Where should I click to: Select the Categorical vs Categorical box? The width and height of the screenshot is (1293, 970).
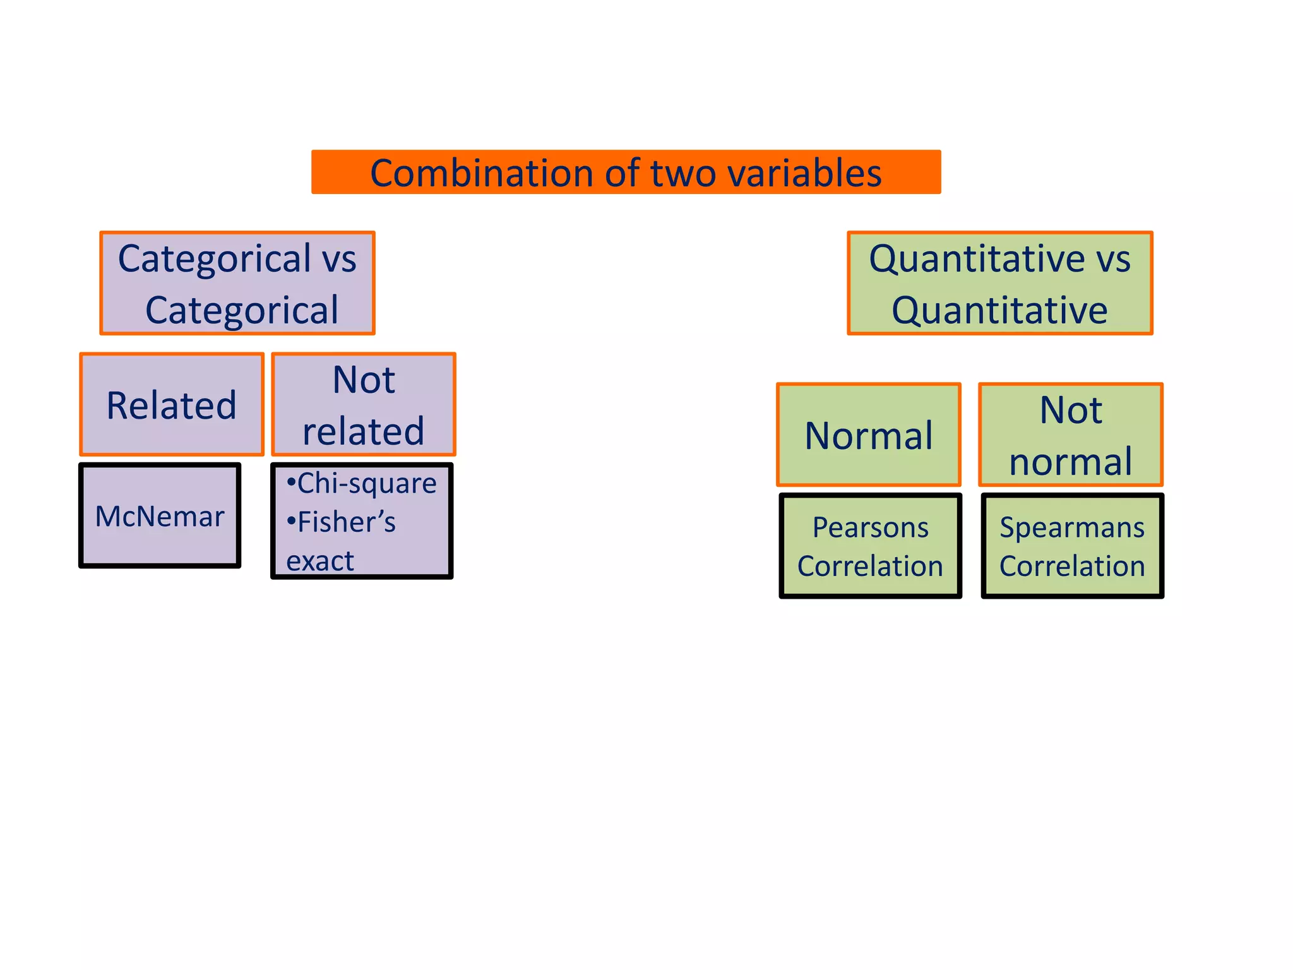click(237, 283)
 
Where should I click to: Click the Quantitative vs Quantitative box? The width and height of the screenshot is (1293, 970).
click(999, 283)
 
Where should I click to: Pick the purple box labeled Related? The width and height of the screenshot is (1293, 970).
click(172, 404)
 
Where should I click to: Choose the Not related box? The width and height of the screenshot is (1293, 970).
click(363, 404)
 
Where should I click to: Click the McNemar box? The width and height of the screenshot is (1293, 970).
click(160, 516)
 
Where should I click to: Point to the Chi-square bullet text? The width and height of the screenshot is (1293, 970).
click(366, 484)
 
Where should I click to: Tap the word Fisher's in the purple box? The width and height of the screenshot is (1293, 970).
click(346, 523)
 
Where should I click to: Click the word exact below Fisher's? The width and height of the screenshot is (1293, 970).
click(320, 561)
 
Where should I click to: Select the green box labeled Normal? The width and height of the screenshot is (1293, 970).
click(869, 434)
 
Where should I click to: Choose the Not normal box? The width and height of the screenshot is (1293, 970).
click(1071, 434)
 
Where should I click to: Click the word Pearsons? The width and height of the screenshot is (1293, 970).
click(870, 527)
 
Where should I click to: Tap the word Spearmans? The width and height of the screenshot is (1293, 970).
click(1072, 527)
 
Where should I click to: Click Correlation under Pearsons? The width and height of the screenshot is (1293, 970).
click(870, 566)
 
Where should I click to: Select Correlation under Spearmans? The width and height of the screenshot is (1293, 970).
click(1072, 566)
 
